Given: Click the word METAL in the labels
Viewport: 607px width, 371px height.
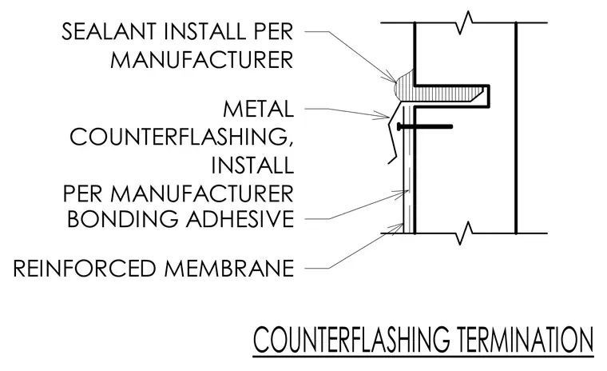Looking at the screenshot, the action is (258, 109).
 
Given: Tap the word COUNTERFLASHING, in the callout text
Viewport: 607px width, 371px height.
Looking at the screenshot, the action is (181, 138).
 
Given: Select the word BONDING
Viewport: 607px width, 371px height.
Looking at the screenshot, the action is (123, 219).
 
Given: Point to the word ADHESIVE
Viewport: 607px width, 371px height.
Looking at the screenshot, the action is (240, 219).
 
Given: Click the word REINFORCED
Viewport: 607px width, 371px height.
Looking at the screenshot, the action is (85, 269).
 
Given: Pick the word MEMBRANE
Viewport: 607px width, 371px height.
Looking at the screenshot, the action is (229, 269).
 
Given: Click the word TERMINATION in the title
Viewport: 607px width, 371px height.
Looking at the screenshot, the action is (526, 340).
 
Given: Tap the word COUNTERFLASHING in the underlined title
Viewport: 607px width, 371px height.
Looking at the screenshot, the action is (351, 340).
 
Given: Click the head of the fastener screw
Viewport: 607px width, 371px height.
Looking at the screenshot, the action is (399, 126).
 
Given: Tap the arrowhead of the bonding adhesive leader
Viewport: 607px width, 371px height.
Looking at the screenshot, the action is (405, 192).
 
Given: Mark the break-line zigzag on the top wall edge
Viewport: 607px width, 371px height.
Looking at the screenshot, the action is (465, 22).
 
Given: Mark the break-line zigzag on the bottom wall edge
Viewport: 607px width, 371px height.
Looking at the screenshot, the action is (465, 233).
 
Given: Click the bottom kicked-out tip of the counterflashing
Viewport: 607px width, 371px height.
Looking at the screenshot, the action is (389, 162).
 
